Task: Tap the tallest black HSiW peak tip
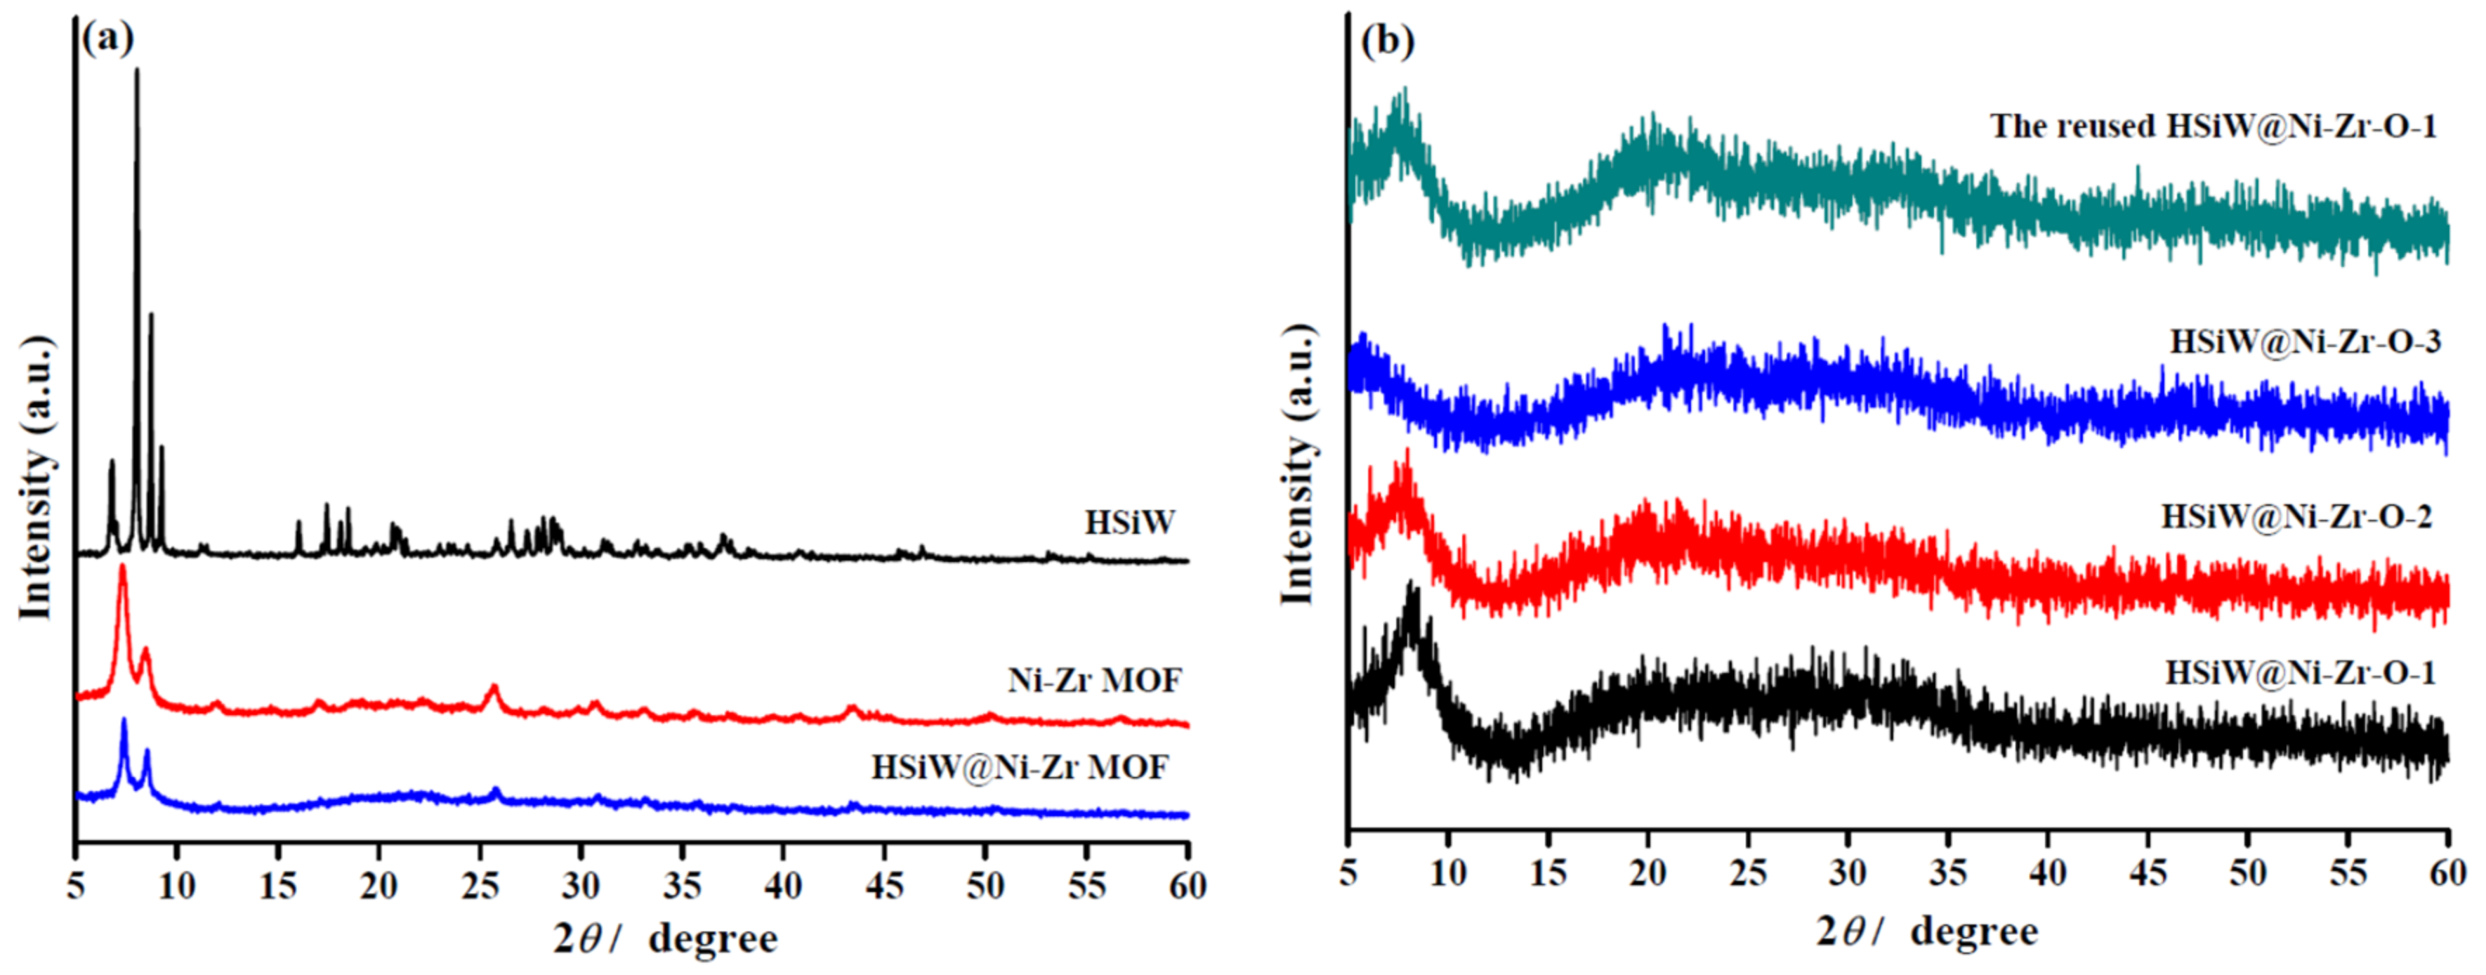[136, 70]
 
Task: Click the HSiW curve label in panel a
[1129, 522]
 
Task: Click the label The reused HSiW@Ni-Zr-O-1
[2212, 126]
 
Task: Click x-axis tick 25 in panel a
[480, 885]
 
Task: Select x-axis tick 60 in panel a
[1187, 885]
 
